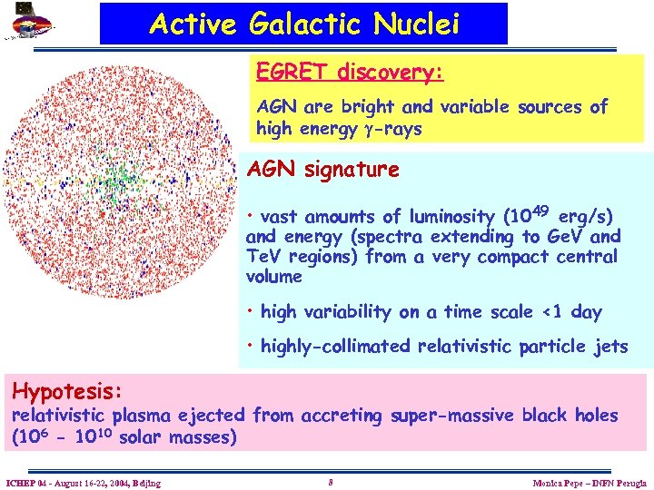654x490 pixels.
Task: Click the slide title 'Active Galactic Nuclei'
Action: pos(304,24)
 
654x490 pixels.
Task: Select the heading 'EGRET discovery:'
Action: pos(349,72)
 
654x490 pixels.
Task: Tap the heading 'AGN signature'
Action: pos(323,170)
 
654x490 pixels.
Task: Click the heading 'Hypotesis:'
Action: pos(66,392)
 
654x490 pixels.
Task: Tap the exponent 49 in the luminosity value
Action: pos(541,211)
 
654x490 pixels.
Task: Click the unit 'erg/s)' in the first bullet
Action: pos(586,217)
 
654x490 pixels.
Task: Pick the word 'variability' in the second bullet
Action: pos(349,312)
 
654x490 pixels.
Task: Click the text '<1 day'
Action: pos(572,312)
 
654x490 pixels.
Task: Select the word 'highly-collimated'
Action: pos(337,346)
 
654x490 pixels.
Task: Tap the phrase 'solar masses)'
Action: pos(178,437)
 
